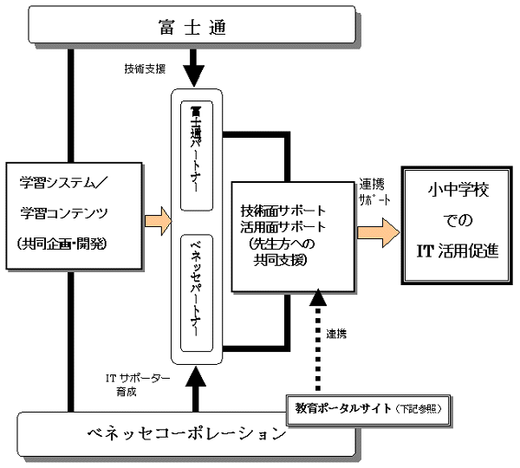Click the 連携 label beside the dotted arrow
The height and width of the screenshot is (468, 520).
coord(338,334)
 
